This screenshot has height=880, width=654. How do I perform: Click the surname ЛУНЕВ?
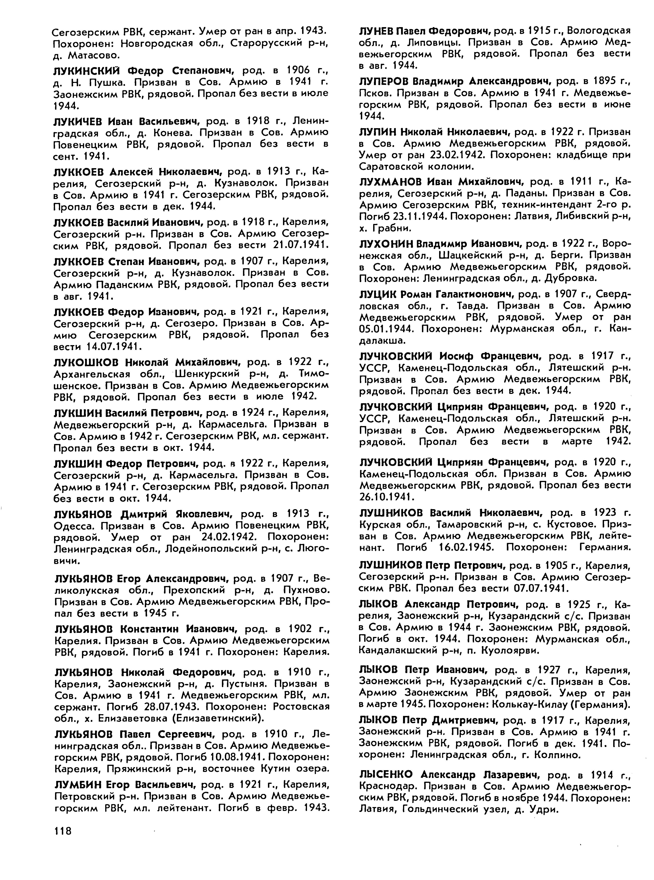[375, 30]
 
